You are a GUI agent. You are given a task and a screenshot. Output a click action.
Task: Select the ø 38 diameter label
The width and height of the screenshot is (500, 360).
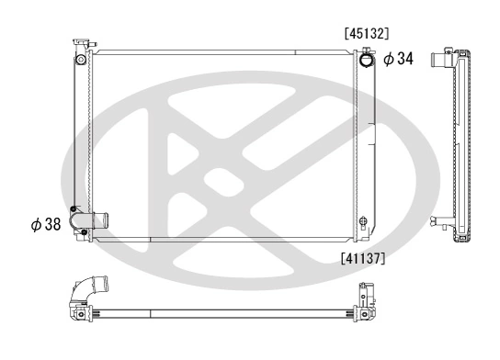tap(43, 223)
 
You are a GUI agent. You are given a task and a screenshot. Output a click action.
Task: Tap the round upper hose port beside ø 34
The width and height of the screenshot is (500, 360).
tap(367, 61)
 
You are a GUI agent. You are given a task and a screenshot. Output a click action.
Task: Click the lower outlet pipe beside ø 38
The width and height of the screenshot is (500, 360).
tap(97, 221)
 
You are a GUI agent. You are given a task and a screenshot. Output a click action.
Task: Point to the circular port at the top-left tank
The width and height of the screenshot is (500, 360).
tap(80, 61)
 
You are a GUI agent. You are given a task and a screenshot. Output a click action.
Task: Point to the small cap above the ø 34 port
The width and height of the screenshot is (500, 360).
tap(367, 50)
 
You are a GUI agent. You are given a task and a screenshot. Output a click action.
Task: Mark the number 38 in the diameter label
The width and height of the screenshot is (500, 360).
tap(51, 223)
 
